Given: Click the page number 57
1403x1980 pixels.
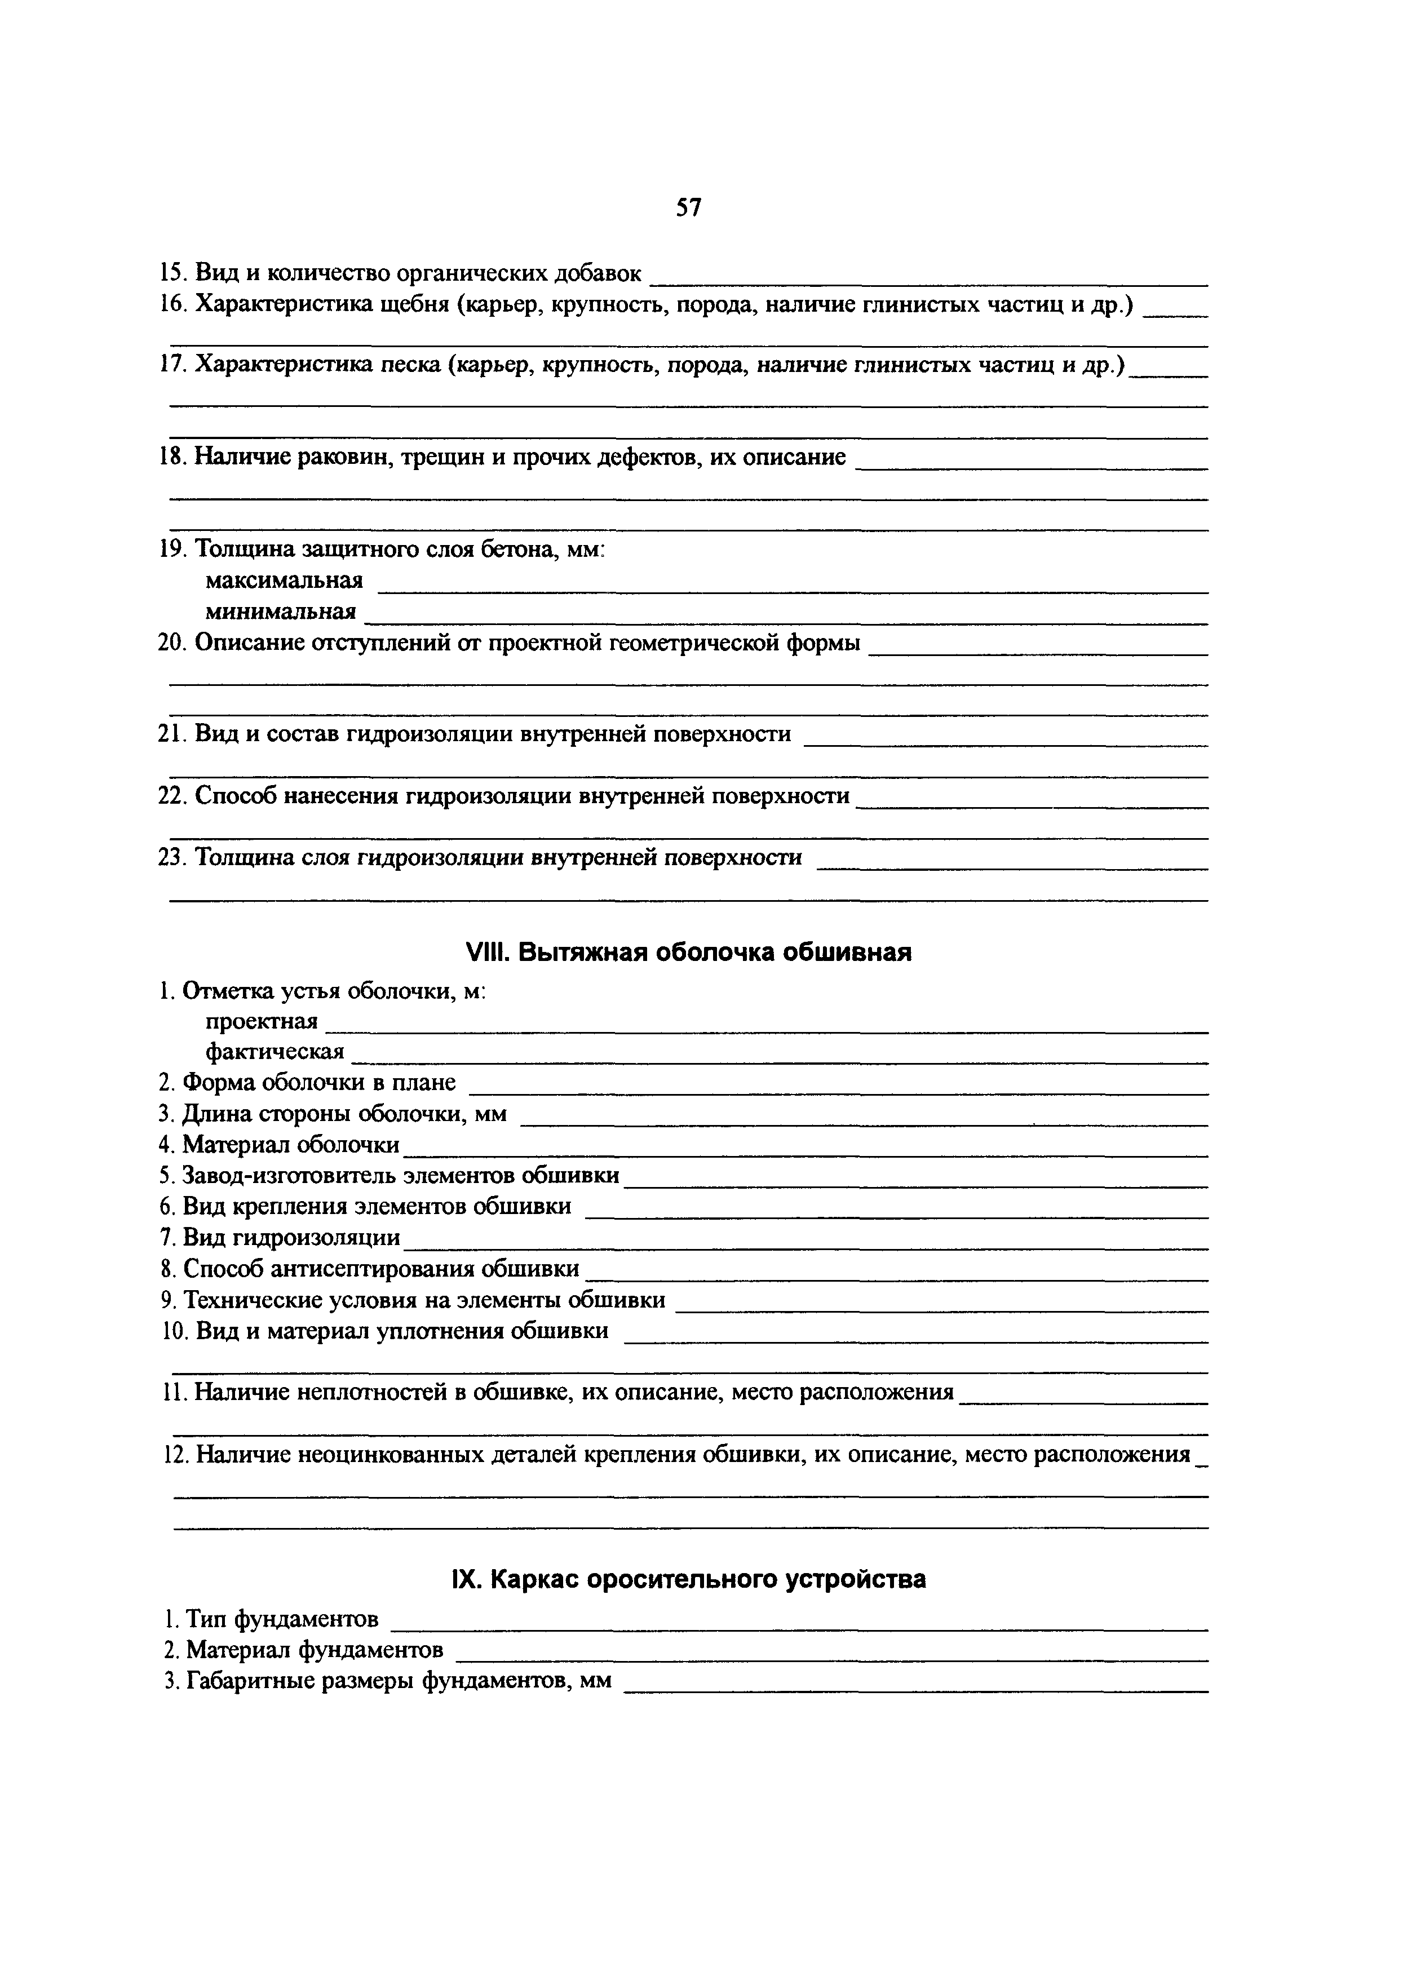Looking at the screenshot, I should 689,208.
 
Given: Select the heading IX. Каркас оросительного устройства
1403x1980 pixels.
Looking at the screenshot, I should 689,1579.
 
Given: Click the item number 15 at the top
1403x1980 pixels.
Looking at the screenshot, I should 173,274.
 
